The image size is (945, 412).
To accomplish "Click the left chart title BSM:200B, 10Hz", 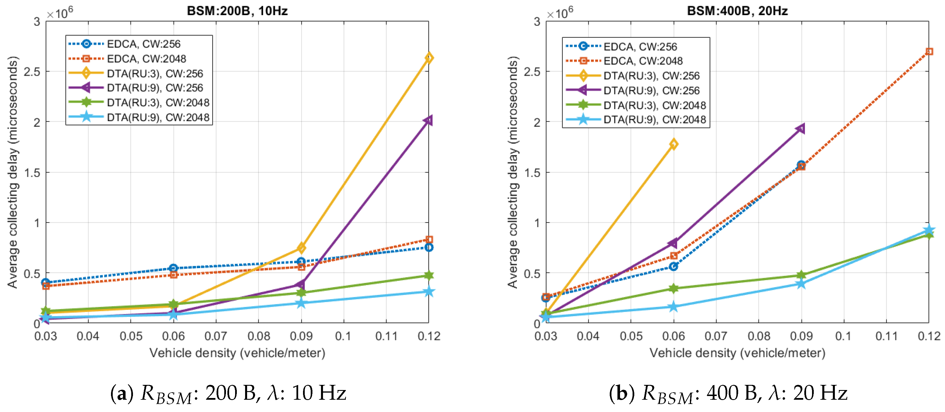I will pyautogui.click(x=237, y=11).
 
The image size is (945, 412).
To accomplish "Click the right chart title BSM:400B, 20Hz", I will pyautogui.click(x=737, y=11).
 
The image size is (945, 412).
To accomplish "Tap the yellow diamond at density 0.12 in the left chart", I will pyautogui.click(x=429, y=58).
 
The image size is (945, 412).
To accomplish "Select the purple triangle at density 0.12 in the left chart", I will pyautogui.click(x=428, y=120).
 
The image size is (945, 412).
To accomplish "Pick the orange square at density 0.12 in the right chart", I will pyautogui.click(x=929, y=52).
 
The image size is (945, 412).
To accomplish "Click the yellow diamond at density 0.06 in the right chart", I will pyautogui.click(x=674, y=144).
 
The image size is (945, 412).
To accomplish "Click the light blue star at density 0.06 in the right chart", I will pyautogui.click(x=674, y=307).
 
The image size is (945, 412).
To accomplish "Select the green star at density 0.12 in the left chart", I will pyautogui.click(x=429, y=276).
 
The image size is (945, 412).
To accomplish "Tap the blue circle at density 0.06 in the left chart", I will pyautogui.click(x=173, y=268).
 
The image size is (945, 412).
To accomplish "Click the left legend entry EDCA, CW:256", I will pyautogui.click(x=144, y=44).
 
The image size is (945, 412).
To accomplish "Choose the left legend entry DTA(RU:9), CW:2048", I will pyautogui.click(x=158, y=118).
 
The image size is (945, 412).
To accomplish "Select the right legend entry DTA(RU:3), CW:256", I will pyautogui.click(x=651, y=76).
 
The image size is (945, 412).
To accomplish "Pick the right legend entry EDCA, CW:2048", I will pyautogui.click(x=643, y=61).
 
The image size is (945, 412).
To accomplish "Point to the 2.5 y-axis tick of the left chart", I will pyautogui.click(x=32, y=72).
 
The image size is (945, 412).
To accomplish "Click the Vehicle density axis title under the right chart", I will pyautogui.click(x=737, y=353).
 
